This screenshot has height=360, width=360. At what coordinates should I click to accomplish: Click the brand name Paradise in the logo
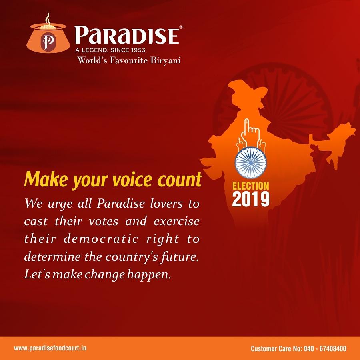126,35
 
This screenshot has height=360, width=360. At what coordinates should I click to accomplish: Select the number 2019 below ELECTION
251,199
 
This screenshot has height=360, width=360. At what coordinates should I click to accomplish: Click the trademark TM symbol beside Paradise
181,27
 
